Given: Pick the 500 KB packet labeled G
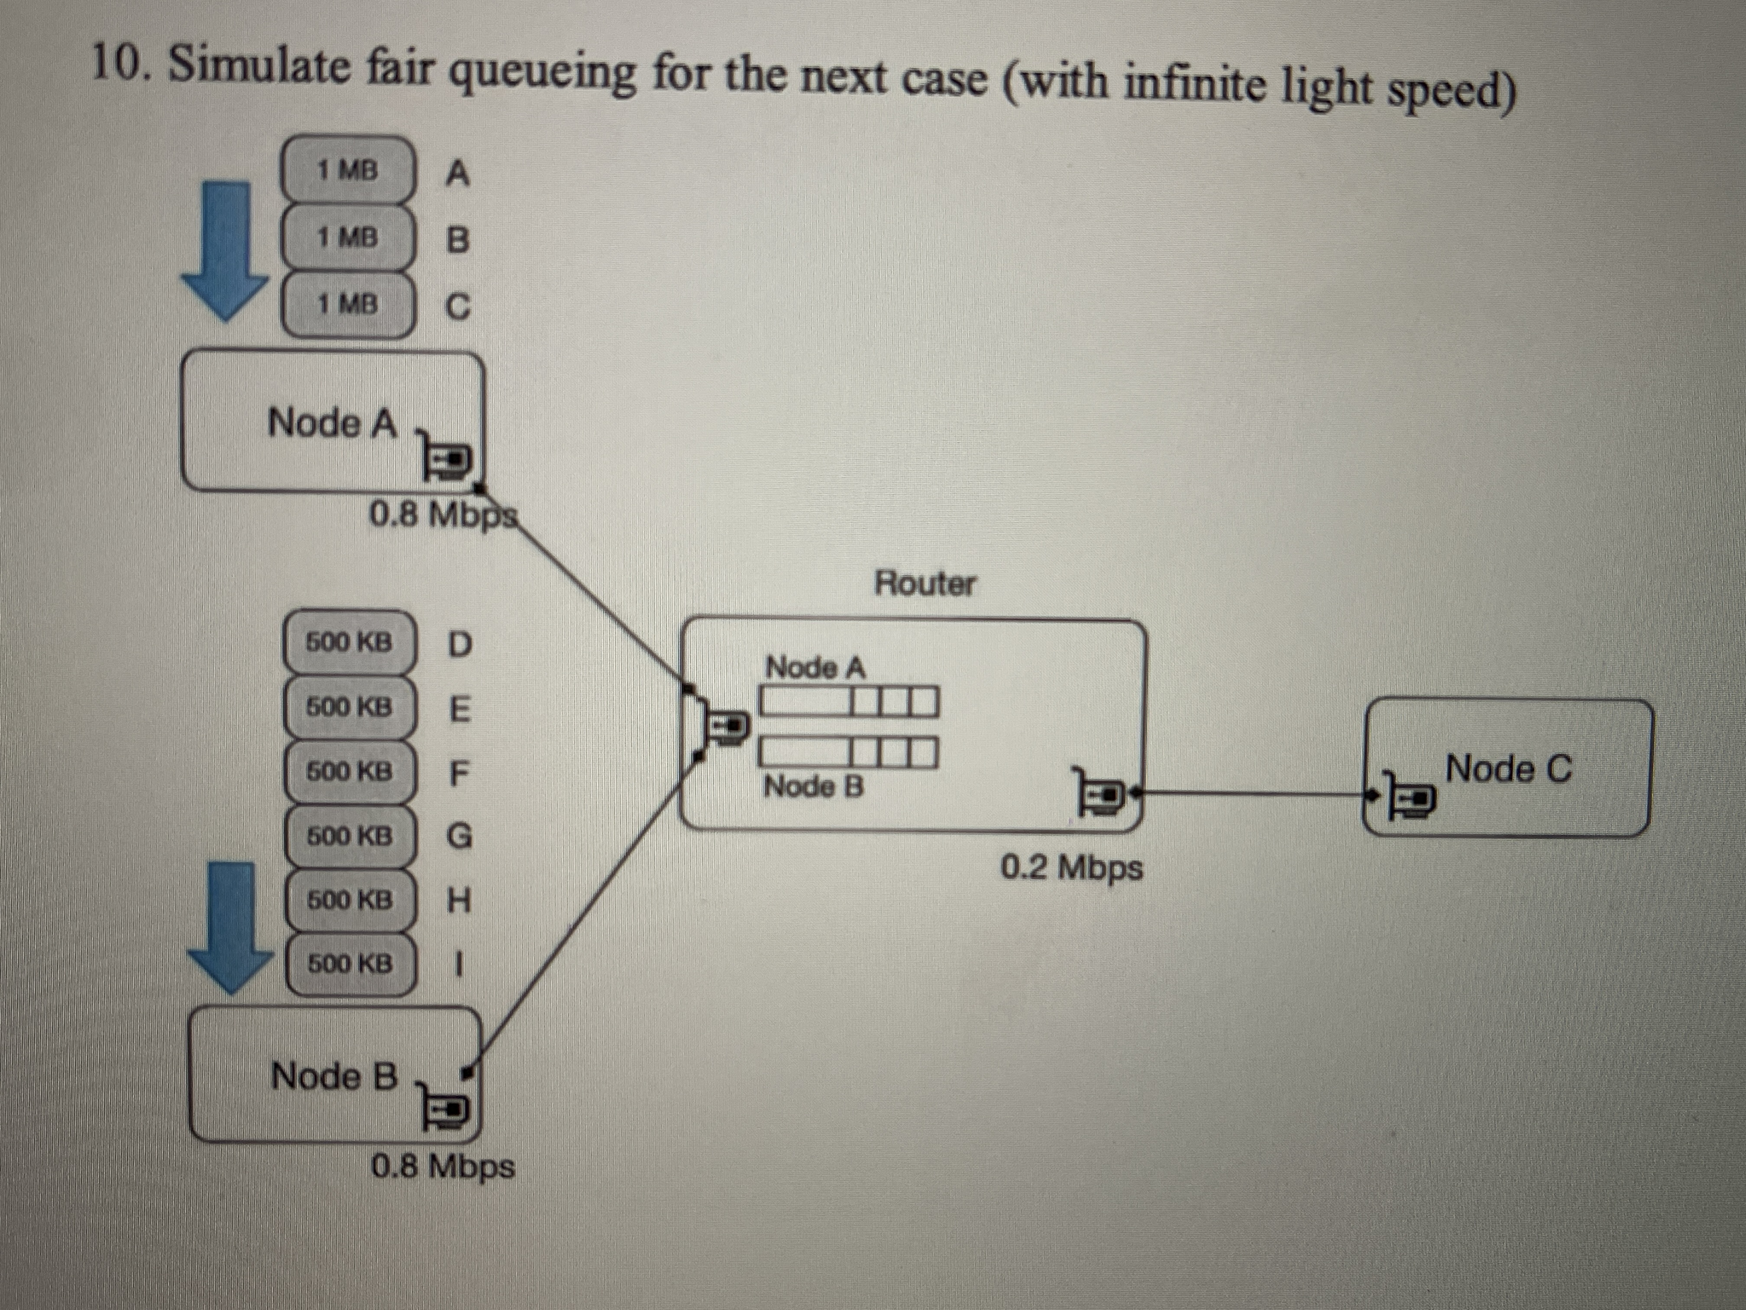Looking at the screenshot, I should point(349,836).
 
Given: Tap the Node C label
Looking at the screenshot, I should point(1508,768).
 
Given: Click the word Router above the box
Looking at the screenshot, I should point(924,584).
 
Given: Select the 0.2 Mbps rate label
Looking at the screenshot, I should point(1071,868).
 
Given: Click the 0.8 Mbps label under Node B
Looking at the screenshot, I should point(443,1166).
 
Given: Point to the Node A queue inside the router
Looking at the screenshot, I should point(848,700).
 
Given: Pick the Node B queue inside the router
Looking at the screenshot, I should point(848,752).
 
